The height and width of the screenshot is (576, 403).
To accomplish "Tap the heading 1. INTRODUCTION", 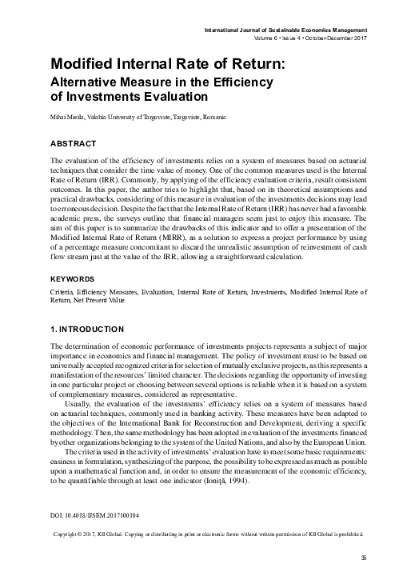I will [x=86, y=329].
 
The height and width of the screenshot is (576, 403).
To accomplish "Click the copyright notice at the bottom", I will [x=207, y=534].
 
